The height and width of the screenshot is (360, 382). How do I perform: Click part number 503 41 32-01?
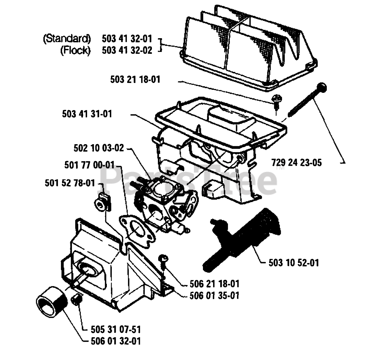127,39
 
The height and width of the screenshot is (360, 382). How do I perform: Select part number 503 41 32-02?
127,50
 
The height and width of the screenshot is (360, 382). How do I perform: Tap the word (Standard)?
67,39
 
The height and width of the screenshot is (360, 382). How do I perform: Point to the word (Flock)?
75,50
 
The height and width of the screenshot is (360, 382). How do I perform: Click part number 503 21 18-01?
135,79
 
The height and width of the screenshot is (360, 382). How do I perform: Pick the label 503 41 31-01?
87,114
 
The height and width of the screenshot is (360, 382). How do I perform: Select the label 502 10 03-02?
98,148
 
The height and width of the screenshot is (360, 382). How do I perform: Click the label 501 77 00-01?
89,165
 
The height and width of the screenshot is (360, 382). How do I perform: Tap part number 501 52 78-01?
70,183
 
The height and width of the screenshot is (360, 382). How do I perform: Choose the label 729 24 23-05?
297,163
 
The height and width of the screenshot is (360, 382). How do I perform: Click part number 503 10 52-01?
294,263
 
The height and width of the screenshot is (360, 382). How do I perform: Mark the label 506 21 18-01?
215,284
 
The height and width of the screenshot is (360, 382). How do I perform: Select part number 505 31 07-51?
115,330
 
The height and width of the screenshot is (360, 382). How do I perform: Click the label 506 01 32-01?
115,341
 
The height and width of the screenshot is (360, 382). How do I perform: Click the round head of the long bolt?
323,87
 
